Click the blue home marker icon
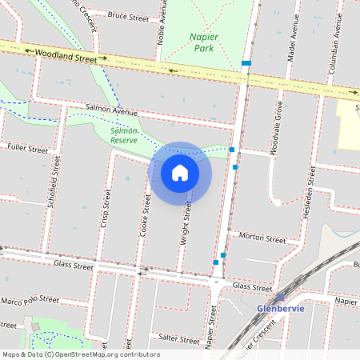coord(180,173)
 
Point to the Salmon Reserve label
coord(124,134)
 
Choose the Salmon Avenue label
coord(112,111)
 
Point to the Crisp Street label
coord(104,210)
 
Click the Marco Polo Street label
coord(30,300)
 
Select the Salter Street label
coord(178,339)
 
